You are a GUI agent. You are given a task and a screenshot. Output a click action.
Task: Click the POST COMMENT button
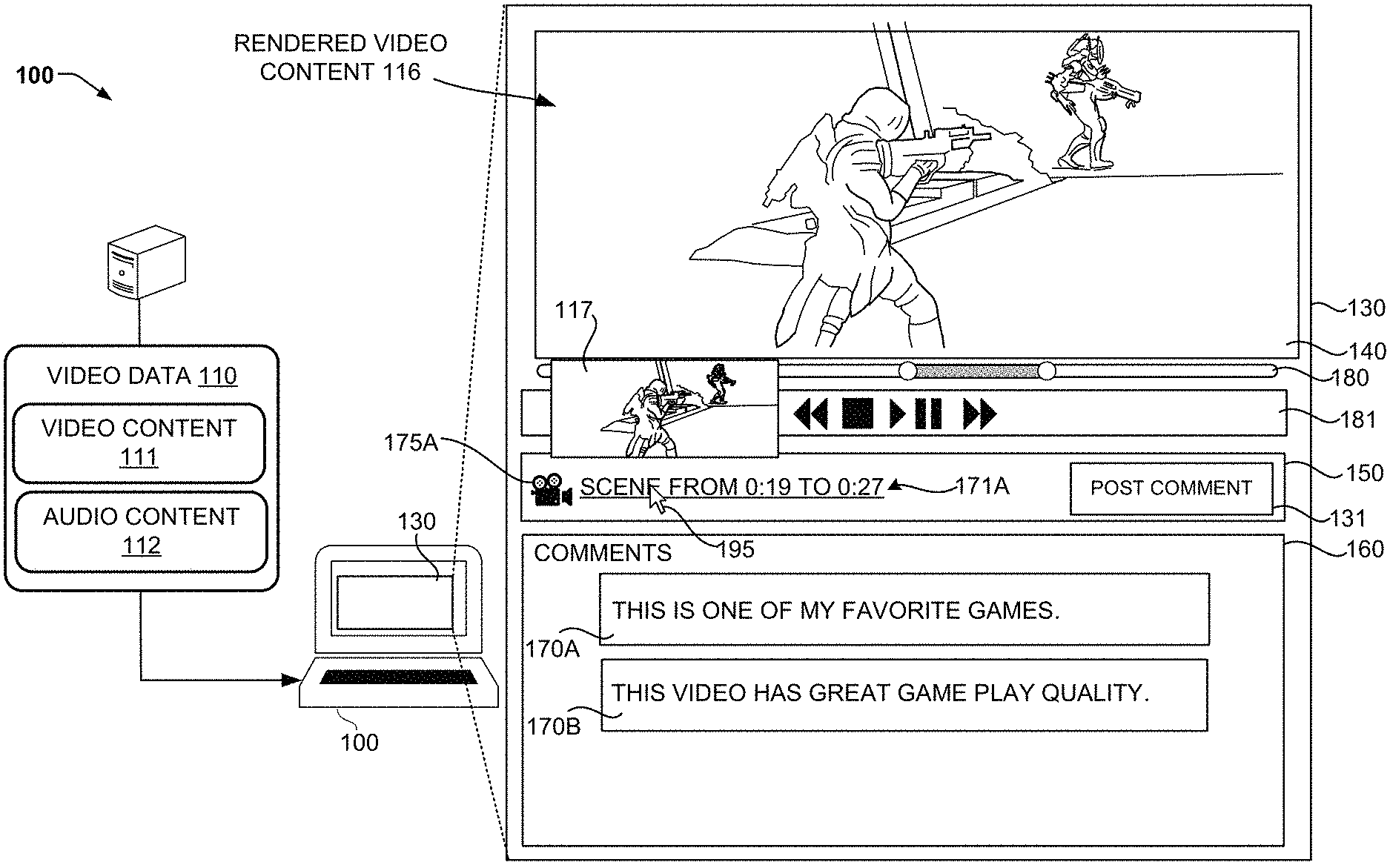coord(1171,488)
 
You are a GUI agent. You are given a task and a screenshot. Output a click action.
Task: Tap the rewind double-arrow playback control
coord(810,414)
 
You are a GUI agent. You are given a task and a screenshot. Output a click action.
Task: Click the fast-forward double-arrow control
coord(979,414)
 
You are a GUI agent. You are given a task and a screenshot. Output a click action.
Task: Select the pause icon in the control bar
coord(927,414)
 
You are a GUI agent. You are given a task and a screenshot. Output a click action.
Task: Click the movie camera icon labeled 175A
coord(551,489)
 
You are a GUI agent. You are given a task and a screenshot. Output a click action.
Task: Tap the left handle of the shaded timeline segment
coord(907,370)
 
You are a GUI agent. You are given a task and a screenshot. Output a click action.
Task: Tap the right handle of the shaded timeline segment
coord(1046,370)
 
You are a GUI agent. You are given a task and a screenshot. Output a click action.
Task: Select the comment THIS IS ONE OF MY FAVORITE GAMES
coord(904,609)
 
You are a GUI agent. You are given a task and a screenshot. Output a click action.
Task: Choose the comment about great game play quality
coord(904,695)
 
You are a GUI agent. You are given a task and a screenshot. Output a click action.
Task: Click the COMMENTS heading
coord(602,553)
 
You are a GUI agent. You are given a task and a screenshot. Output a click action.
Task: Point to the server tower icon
coord(145,263)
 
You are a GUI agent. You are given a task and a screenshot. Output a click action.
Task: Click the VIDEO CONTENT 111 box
coord(139,443)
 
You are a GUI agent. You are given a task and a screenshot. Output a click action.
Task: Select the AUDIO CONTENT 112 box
coord(141,531)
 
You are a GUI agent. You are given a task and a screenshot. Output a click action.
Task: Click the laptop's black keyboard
coord(399,677)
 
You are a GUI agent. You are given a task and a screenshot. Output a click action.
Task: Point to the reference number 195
coord(735,549)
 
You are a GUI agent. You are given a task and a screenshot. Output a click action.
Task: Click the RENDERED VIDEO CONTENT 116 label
coord(340,57)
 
